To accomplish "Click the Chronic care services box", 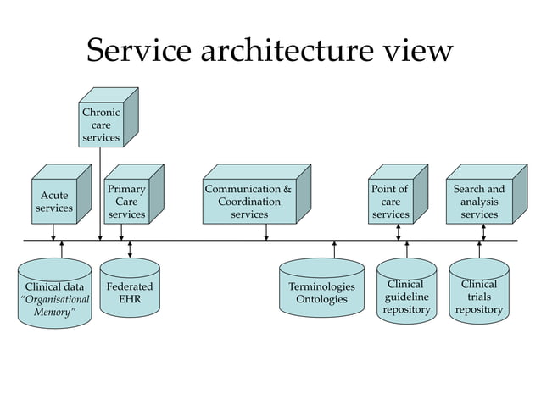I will [x=100, y=125].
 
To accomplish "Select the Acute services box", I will [x=54, y=202].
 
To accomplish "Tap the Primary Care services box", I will [x=126, y=202].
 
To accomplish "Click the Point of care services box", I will [x=390, y=202].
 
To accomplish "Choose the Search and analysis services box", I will [x=479, y=202].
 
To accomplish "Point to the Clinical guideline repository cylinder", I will [x=406, y=297].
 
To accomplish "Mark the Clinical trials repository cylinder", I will [x=479, y=297].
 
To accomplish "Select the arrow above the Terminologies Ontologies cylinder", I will [x=335, y=250].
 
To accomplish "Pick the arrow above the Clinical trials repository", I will [x=479, y=250].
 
